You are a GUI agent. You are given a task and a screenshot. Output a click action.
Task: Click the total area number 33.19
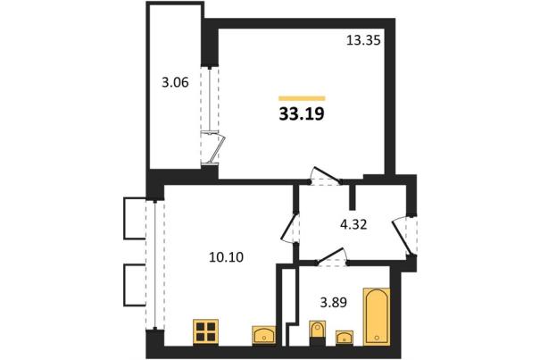tap(302, 114)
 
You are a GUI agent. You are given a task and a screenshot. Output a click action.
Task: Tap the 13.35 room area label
tap(363, 41)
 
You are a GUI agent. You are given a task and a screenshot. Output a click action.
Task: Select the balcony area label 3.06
tap(175, 83)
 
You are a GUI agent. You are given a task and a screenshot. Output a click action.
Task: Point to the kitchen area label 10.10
tap(226, 257)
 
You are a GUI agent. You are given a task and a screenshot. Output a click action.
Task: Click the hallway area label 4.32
tap(353, 225)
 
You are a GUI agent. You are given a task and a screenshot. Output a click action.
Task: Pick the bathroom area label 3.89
tap(333, 303)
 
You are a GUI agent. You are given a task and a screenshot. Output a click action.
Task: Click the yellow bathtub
tap(377, 316)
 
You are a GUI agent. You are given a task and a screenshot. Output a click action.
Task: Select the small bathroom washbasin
tap(345, 338)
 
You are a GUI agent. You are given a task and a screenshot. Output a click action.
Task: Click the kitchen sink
tap(264, 334)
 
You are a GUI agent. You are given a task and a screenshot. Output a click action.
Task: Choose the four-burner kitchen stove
tap(205, 331)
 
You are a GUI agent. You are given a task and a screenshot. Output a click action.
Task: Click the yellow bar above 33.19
tap(302, 98)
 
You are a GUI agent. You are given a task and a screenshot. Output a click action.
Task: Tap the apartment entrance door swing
tap(402, 237)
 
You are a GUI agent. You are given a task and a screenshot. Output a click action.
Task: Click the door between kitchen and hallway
tap(289, 228)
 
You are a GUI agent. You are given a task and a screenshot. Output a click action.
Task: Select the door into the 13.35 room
tap(326, 174)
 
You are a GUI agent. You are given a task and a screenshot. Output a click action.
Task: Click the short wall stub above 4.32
tap(352, 197)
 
